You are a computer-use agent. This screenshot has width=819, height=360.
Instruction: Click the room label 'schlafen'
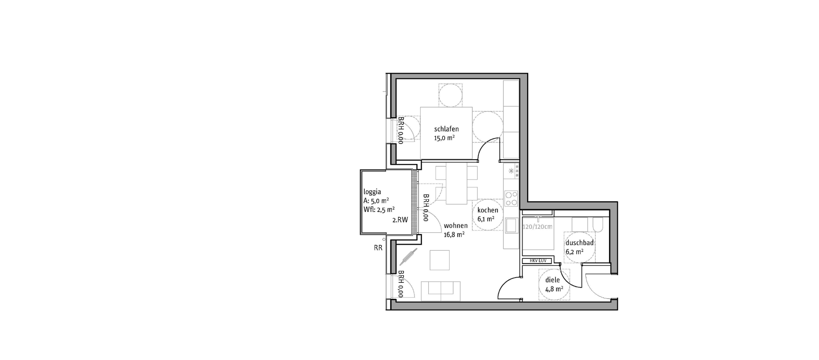point(446,129)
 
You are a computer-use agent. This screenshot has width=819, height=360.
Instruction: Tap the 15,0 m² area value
point(444,138)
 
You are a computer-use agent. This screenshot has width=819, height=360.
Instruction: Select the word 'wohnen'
point(455,226)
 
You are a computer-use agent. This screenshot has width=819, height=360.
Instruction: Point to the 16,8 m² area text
point(454,235)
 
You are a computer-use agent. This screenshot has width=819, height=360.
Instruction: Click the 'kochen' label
point(488,210)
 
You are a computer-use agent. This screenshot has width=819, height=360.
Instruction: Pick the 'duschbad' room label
point(579,243)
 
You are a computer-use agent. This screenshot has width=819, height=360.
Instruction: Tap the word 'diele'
point(553,280)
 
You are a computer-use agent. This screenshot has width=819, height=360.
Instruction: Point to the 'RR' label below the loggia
point(378,248)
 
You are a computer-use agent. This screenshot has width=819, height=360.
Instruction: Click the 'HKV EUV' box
point(537,261)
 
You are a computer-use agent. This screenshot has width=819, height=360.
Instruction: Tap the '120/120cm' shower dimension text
point(537,227)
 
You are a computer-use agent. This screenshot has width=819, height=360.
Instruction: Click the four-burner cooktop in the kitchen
point(511,198)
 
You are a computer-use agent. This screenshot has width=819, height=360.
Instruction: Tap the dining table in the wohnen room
point(456,183)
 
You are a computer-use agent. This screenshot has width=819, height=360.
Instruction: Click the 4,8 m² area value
point(554,289)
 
